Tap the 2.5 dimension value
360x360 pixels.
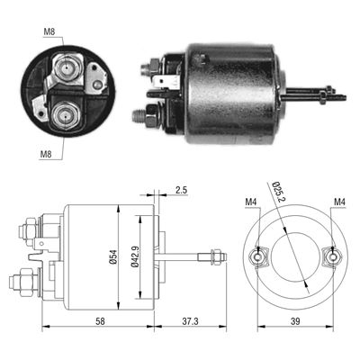(x=181, y=191)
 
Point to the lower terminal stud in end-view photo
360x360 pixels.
(x=65, y=115)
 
